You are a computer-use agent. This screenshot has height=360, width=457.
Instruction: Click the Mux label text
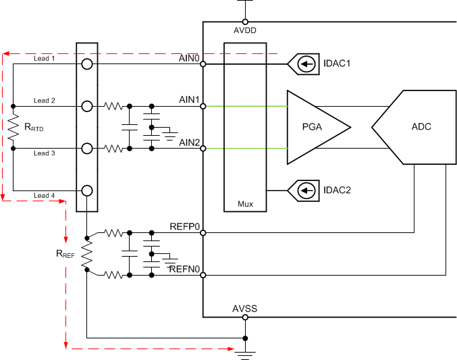(x=245, y=203)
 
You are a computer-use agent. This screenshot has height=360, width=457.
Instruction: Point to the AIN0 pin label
(x=189, y=58)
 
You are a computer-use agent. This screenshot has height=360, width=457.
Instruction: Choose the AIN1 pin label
(x=189, y=99)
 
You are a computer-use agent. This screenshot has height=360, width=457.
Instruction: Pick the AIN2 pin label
(x=189, y=142)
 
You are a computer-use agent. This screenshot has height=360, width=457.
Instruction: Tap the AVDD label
(x=244, y=30)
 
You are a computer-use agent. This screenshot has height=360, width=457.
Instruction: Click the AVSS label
(x=244, y=309)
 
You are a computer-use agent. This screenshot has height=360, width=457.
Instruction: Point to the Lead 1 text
(x=45, y=59)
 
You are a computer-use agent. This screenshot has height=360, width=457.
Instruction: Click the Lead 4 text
(x=45, y=196)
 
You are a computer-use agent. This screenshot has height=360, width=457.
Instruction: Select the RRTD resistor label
(x=34, y=126)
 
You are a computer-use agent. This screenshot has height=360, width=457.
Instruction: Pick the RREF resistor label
(x=65, y=255)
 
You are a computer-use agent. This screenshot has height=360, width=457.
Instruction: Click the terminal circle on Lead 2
(x=87, y=106)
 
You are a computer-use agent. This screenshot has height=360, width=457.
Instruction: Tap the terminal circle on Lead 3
(x=87, y=148)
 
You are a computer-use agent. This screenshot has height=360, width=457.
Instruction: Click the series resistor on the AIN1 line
(x=113, y=106)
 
